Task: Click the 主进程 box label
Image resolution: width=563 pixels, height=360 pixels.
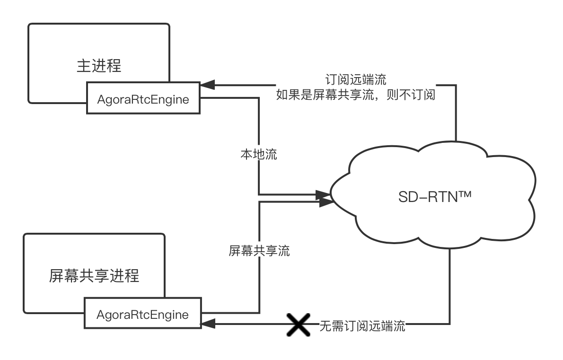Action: (99, 65)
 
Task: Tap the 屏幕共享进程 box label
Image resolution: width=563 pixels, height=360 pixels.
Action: (94, 275)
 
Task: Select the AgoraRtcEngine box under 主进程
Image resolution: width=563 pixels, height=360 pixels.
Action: (143, 100)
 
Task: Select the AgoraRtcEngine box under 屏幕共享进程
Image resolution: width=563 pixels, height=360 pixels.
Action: (142, 315)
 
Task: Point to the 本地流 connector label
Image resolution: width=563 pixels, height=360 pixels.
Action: (259, 154)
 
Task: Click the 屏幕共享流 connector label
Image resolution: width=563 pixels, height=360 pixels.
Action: (259, 250)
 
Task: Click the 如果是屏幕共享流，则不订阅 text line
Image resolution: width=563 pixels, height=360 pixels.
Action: (355, 94)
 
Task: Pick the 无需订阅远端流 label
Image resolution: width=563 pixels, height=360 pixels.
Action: (362, 326)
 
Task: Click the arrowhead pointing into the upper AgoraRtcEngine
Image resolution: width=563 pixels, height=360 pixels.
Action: (207, 86)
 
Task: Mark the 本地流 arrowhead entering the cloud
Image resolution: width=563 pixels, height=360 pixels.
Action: (324, 194)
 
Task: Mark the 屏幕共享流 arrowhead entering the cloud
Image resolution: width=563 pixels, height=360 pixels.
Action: (326, 202)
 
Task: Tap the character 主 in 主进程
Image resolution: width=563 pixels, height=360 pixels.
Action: (84, 65)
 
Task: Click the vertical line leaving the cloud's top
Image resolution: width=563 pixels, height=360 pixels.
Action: (456, 114)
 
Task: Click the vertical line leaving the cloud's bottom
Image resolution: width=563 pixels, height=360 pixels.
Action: (449, 284)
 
